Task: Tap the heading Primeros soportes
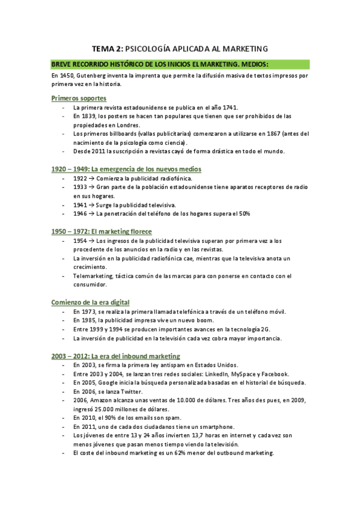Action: pyautogui.click(x=79, y=97)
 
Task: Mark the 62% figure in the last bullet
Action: pyautogui.click(x=176, y=453)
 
